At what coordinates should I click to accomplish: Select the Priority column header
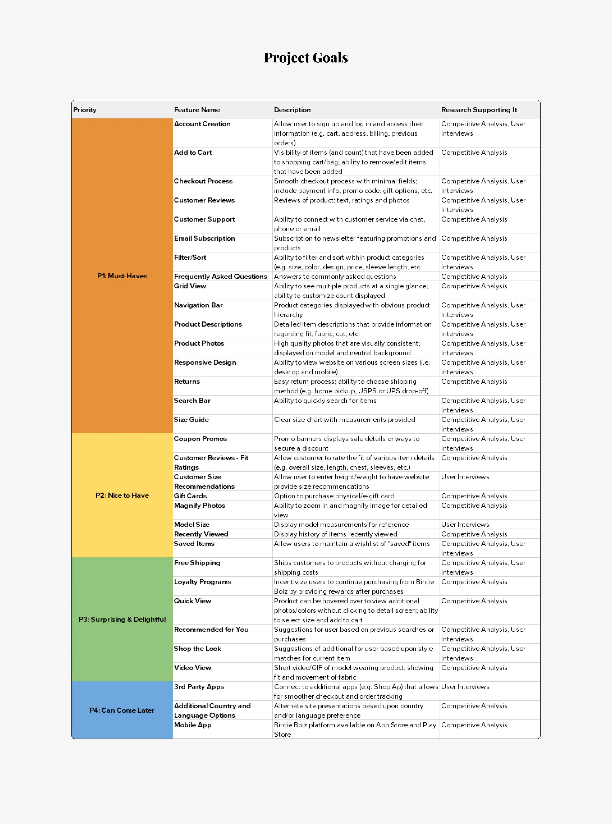point(85,110)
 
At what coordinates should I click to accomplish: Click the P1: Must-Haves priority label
point(122,276)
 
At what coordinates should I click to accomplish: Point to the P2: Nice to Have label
point(122,495)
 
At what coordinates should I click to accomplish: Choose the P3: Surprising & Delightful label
point(122,619)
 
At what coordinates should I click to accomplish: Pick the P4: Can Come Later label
point(122,710)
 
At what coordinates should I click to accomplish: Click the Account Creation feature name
point(202,124)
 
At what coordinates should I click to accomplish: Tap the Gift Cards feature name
point(190,496)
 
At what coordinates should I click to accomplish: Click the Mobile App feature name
point(193,725)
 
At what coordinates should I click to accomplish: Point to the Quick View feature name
point(193,600)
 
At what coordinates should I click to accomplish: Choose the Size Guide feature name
point(191,419)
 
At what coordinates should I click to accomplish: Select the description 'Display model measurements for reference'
point(341,524)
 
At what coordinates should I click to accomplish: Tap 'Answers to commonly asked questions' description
point(335,276)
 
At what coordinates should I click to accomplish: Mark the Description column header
point(292,110)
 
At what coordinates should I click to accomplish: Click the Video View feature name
point(193,667)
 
